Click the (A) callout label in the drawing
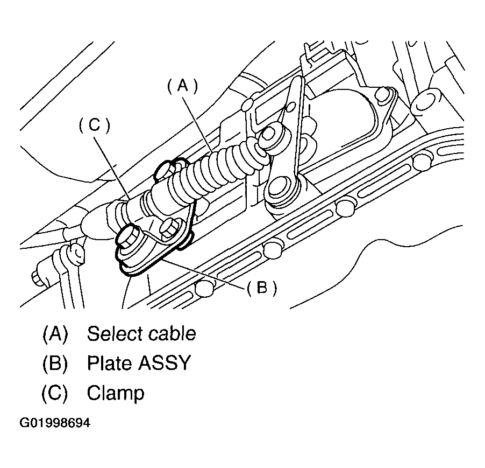point(183,86)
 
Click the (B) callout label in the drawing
point(262,288)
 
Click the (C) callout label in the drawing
point(94,125)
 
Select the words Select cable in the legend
point(141,334)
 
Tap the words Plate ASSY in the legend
point(139,364)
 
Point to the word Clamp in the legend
point(116,393)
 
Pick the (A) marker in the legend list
point(55,334)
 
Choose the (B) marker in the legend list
point(55,364)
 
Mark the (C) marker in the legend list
point(55,393)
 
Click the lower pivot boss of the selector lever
point(281,188)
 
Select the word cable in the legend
point(173,334)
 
